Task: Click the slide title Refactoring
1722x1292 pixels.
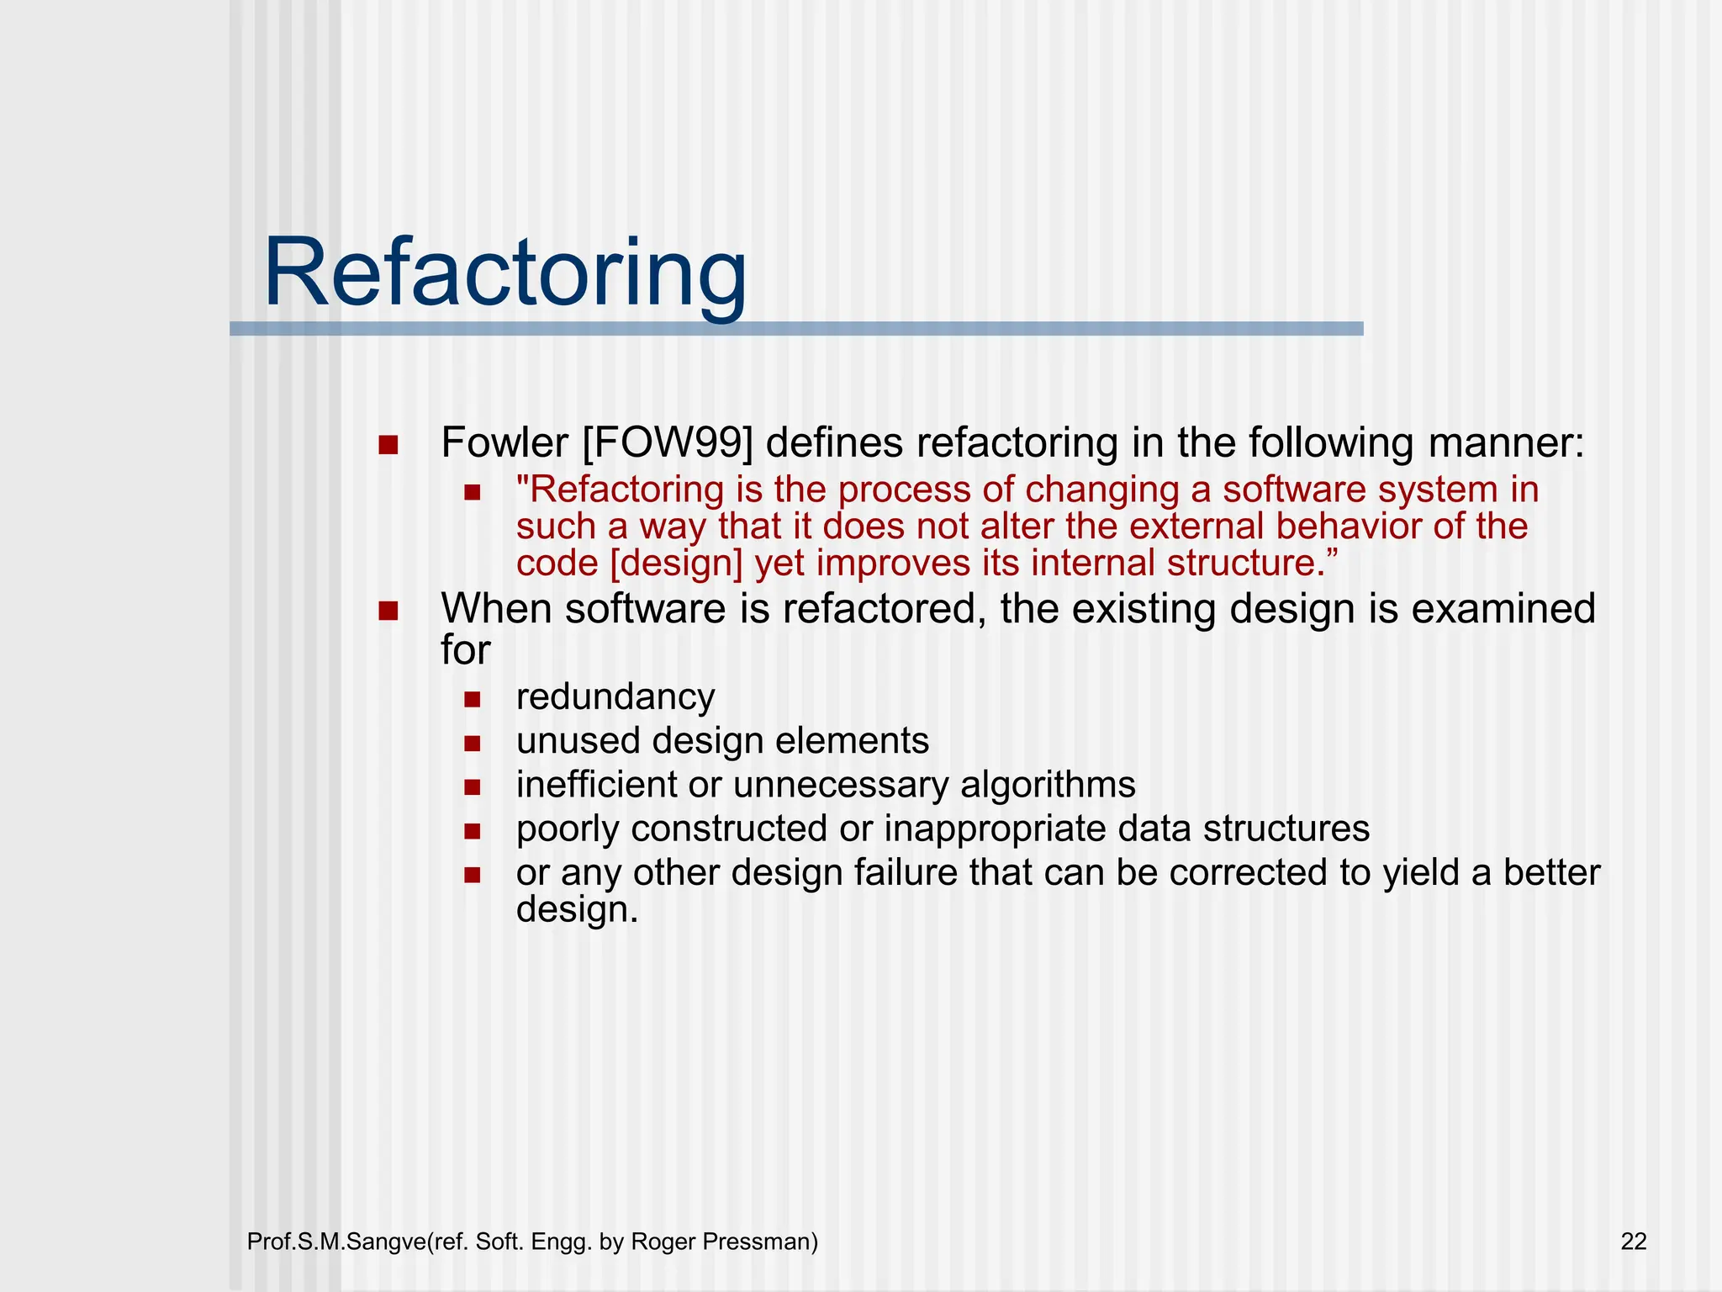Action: [504, 273]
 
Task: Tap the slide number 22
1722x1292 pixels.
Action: [1633, 1242]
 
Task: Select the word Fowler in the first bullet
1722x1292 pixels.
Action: [504, 443]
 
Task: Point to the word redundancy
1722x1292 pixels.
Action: [615, 697]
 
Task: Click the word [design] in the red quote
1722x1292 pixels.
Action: [676, 564]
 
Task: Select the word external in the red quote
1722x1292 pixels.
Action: [1196, 527]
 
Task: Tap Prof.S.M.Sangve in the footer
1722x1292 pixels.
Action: [337, 1242]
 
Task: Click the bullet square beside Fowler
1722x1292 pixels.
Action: [388, 445]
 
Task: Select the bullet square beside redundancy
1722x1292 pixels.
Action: [472, 699]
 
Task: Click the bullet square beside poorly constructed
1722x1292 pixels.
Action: [472, 831]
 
